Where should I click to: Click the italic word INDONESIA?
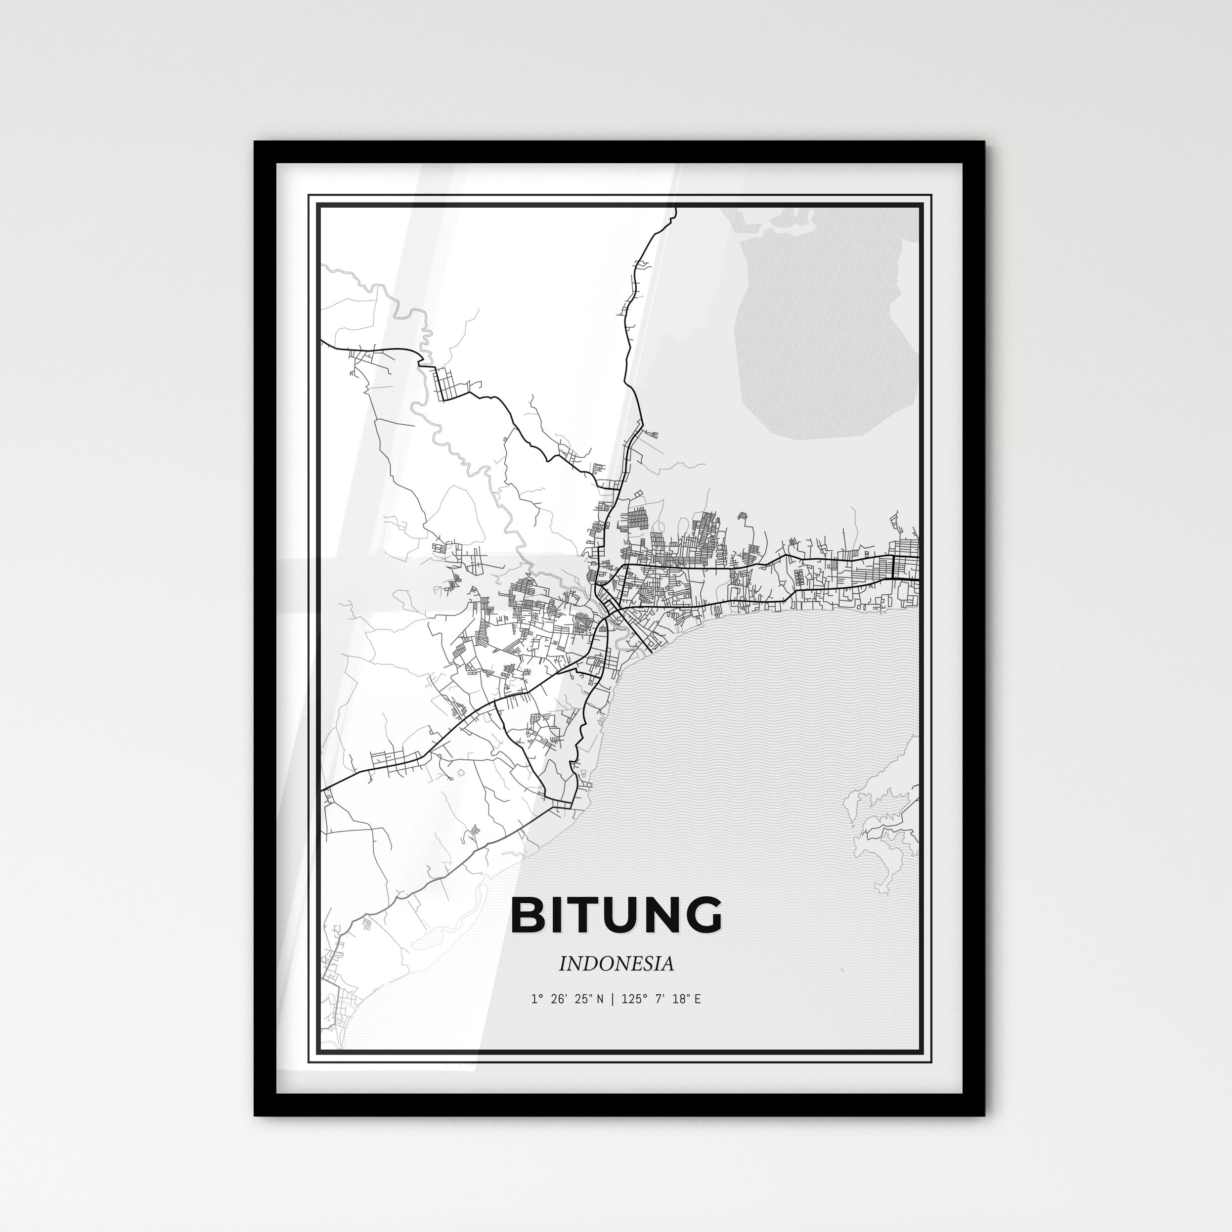coord(616,964)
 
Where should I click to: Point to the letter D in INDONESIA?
coord(585,964)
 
